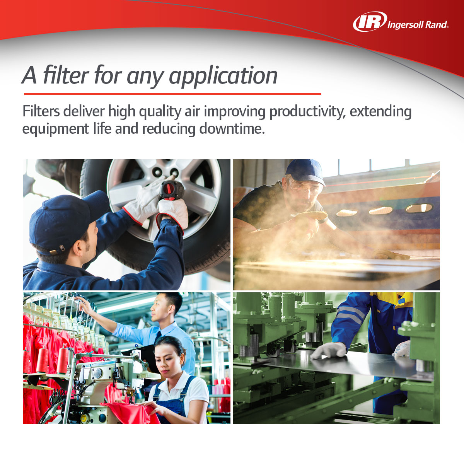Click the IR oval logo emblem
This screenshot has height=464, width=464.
(x=370, y=22)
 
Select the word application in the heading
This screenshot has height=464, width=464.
(x=223, y=76)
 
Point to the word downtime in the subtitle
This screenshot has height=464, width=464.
(x=232, y=128)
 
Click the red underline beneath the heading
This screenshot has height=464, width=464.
(x=172, y=94)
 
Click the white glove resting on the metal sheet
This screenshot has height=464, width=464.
(x=329, y=351)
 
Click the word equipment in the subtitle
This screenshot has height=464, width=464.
(x=55, y=129)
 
